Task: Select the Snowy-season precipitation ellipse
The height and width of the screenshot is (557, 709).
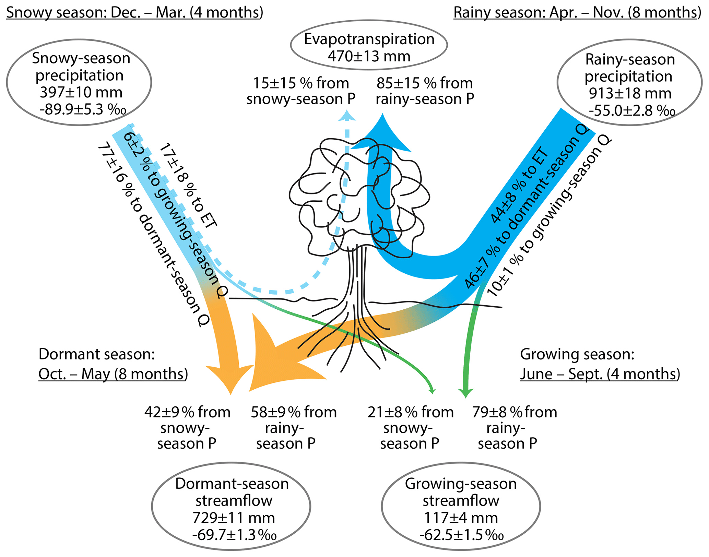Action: click(79, 82)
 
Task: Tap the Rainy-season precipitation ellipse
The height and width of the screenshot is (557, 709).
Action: click(629, 82)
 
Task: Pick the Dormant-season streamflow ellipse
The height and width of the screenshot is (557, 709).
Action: click(231, 506)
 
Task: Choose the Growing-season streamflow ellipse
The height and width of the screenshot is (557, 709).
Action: click(461, 506)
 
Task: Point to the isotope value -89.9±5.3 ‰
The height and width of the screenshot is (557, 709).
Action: click(83, 110)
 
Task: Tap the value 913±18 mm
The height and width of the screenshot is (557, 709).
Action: click(630, 93)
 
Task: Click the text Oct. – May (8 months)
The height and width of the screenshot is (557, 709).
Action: click(113, 374)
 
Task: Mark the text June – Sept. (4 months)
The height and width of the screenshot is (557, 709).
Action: click(600, 374)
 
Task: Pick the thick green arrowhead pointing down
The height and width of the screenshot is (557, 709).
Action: click(466, 393)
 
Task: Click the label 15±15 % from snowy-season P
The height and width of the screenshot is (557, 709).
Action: click(301, 91)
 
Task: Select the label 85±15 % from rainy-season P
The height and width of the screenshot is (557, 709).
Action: click(425, 91)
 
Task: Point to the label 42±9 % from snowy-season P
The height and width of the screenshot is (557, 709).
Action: click(187, 428)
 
